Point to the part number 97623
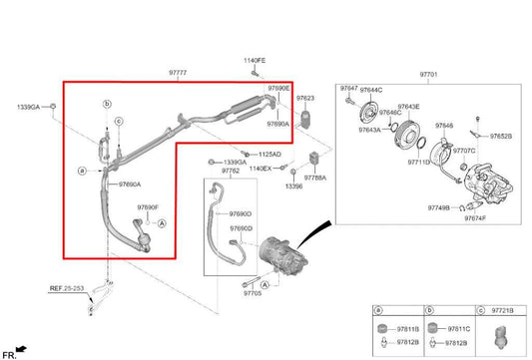tap(304, 99)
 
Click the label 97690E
tap(278, 88)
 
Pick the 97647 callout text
tap(348, 90)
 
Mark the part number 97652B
tap(500, 136)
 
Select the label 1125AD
tap(269, 155)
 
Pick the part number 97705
tap(251, 295)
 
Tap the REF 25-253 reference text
tap(68, 287)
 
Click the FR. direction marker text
tap(9, 355)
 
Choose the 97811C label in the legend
tap(458, 328)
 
